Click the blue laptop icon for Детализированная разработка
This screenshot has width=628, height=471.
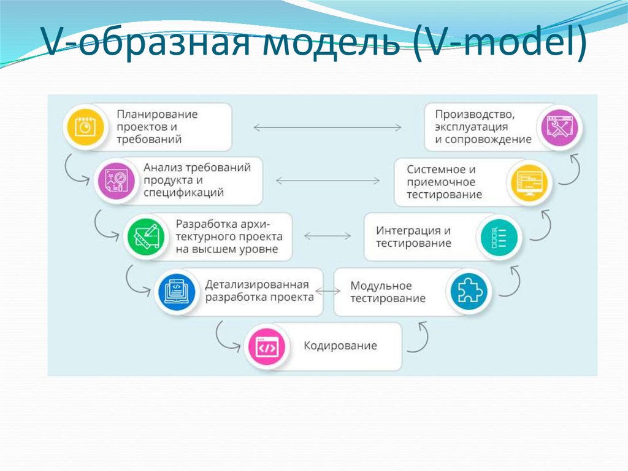[175, 290]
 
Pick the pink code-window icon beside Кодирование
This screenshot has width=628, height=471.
[267, 347]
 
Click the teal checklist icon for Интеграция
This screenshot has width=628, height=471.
[499, 237]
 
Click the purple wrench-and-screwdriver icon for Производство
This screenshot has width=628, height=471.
[559, 127]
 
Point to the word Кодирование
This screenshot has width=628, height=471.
[340, 346]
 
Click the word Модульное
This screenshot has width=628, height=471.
[381, 286]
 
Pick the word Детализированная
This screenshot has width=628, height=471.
[256, 284]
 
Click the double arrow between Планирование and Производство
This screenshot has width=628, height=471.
[327, 127]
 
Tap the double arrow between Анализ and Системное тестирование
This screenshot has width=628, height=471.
[327, 181]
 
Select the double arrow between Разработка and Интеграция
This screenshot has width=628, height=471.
[327, 236]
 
